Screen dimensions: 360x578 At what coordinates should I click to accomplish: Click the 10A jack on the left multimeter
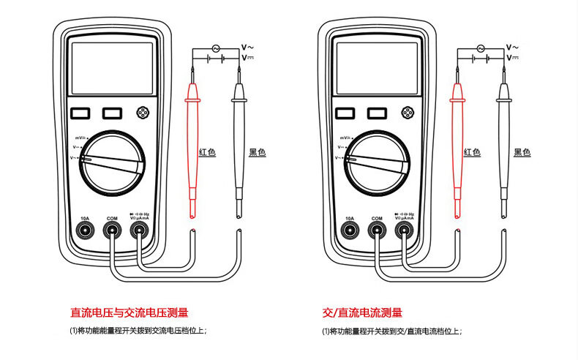click(85, 231)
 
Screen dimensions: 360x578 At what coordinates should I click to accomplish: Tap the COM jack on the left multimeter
click(112, 231)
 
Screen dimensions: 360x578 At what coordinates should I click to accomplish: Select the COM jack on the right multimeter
click(377, 231)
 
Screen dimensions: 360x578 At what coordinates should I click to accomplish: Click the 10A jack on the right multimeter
click(350, 231)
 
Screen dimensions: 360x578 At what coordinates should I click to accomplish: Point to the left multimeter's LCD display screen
click(112, 69)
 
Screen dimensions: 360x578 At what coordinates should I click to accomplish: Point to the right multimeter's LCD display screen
click(377, 69)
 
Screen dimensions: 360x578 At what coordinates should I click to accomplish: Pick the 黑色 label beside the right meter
click(522, 152)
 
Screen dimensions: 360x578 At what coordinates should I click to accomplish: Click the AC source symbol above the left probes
click(217, 48)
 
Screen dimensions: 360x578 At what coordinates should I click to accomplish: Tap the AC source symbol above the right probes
click(481, 48)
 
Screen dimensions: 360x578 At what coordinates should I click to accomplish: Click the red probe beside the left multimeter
click(194, 146)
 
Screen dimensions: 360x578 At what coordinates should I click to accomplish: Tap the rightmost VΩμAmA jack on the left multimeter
click(139, 231)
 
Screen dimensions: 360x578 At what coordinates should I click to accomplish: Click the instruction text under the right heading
click(391, 331)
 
